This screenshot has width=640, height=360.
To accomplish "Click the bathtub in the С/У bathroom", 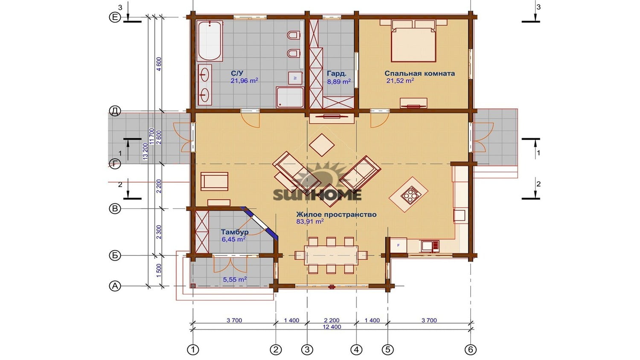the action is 210,41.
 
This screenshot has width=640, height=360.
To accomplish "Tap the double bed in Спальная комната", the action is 413,41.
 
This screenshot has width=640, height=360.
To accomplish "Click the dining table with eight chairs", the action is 331,255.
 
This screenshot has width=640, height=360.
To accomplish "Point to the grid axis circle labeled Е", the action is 115,17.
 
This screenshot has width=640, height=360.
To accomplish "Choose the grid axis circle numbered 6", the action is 470,349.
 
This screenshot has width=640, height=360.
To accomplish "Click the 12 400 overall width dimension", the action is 332,327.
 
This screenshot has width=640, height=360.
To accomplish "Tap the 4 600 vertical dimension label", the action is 159,64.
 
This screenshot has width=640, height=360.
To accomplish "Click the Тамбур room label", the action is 235,232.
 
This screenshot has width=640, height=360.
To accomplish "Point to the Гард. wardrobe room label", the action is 337,73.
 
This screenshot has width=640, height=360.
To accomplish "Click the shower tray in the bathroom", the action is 290,97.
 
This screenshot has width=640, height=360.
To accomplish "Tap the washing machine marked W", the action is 295,78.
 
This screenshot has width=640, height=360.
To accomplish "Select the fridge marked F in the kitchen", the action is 398,245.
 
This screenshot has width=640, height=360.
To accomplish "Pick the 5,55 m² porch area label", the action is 235,279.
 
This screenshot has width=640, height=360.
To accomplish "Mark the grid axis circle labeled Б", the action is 115,255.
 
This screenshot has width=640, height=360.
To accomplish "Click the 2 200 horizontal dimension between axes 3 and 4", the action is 332,320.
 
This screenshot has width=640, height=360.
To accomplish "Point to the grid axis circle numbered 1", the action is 193,349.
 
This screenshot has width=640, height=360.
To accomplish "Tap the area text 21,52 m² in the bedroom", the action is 400,81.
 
